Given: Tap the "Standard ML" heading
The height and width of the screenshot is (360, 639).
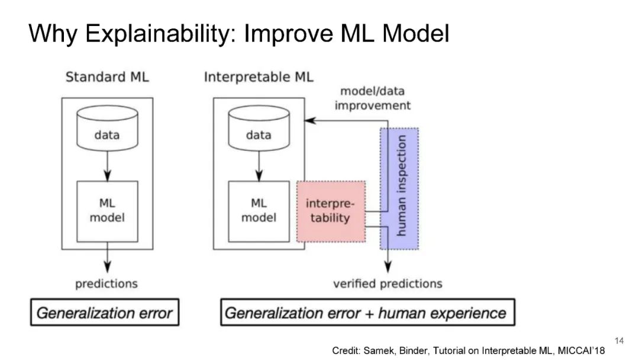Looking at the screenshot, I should pyautogui.click(x=107, y=77).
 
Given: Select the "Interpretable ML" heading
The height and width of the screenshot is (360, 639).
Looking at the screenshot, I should pyautogui.click(x=259, y=77).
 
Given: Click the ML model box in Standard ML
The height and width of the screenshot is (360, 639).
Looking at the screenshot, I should pyautogui.click(x=107, y=211).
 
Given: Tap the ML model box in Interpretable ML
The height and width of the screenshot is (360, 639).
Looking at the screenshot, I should pyautogui.click(x=259, y=211).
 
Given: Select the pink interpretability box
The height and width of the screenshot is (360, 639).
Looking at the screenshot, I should pyautogui.click(x=331, y=211).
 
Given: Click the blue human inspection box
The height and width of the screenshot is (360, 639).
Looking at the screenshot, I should pyautogui.click(x=399, y=188).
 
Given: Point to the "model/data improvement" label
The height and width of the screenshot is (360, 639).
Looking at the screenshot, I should pyautogui.click(x=372, y=98).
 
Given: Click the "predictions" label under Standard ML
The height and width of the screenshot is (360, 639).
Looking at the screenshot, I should pyautogui.click(x=106, y=284).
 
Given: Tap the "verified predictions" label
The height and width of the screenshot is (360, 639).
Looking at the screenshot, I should pyautogui.click(x=388, y=284).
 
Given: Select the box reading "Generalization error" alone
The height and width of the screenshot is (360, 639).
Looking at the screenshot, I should pyautogui.click(x=105, y=313).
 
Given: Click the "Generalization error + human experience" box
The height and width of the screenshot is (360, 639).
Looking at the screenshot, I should pyautogui.click(x=367, y=313).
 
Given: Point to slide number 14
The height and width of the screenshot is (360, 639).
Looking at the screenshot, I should pyautogui.click(x=619, y=340).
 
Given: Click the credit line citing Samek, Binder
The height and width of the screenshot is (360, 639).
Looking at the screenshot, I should pyautogui.click(x=469, y=351).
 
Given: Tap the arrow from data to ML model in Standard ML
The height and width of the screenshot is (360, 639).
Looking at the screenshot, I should pyautogui.click(x=107, y=167).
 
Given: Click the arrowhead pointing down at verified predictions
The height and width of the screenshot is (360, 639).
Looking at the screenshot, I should pyautogui.click(x=388, y=268).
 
